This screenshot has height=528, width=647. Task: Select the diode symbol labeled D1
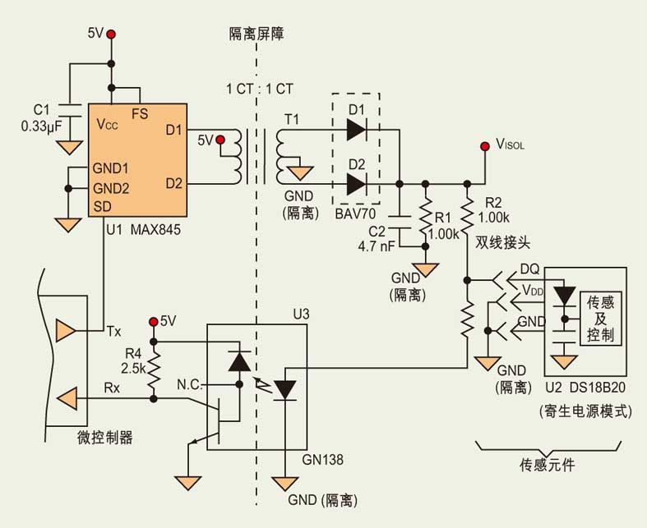(356, 129)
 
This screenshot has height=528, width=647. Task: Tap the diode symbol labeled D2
(356, 184)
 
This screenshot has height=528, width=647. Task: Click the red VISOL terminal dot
(484, 149)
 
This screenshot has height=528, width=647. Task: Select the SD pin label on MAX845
(103, 205)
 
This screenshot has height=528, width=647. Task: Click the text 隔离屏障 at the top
(256, 34)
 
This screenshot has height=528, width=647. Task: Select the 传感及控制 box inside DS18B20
(599, 319)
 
